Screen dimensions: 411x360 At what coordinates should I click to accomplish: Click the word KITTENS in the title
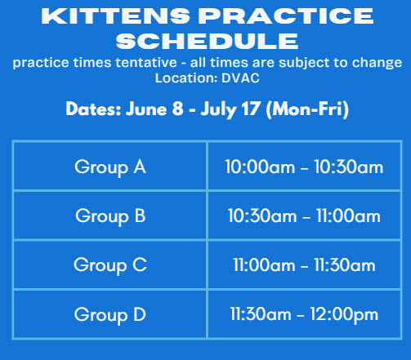click(x=115, y=16)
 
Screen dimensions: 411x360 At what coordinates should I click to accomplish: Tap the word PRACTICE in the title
click(x=286, y=16)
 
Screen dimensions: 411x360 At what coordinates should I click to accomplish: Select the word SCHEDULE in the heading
click(x=207, y=41)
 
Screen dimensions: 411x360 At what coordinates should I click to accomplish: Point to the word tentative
click(x=146, y=63)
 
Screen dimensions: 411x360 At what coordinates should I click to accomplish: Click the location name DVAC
click(x=240, y=78)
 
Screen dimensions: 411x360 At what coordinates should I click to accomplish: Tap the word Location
click(x=186, y=78)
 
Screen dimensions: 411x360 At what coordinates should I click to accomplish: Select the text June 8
click(x=154, y=109)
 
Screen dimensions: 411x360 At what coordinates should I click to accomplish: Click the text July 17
click(x=230, y=109)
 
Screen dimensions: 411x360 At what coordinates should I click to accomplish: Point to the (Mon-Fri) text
click(x=307, y=109)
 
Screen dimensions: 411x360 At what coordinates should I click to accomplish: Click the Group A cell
click(x=110, y=167)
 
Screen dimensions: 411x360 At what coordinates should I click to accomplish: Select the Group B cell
click(x=110, y=216)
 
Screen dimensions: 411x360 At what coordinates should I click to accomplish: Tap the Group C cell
click(x=110, y=264)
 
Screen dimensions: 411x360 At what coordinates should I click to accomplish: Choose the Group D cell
click(x=110, y=314)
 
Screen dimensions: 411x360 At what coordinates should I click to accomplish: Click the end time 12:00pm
click(x=344, y=315)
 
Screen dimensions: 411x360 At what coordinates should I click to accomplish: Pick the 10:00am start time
click(x=260, y=167)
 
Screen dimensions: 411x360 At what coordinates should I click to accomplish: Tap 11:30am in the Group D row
click(x=261, y=314)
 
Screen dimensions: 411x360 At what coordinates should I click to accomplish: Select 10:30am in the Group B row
click(x=262, y=216)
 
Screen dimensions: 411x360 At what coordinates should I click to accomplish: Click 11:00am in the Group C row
click(x=264, y=265)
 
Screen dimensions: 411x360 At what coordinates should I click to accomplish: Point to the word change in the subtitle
click(x=377, y=63)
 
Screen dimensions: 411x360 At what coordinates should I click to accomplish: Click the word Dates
click(x=93, y=109)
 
